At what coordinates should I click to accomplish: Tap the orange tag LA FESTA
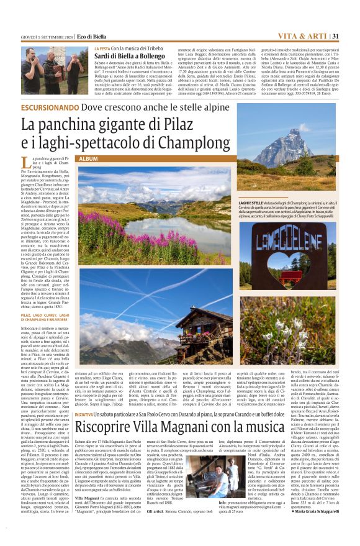pyautogui.click(x=103, y=48)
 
